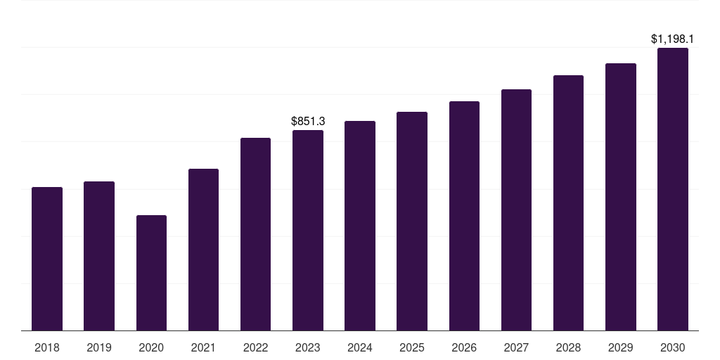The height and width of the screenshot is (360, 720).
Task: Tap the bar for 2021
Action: coord(203,250)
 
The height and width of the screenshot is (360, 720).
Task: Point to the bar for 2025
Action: coord(412,221)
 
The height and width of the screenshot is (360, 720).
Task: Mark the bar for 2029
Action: coord(621,197)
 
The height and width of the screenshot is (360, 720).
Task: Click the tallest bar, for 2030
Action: coord(673,189)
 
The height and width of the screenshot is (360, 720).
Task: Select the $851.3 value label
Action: coord(308,122)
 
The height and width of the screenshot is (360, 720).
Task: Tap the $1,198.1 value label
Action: coord(673,39)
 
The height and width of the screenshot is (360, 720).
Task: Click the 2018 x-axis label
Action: coord(47,347)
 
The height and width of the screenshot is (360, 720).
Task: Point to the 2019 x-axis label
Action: coord(99,347)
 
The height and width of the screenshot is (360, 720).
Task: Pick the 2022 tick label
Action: coord(255,347)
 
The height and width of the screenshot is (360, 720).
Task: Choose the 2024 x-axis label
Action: coord(360,347)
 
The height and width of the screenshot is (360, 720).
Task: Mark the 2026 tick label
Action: coord(464,347)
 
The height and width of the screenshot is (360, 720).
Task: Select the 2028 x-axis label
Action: coord(568,347)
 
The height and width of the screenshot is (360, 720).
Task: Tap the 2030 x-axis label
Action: coord(673,347)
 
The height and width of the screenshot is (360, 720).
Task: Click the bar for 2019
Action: coord(99,256)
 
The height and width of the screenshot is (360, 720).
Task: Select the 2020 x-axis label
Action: coord(151,347)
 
